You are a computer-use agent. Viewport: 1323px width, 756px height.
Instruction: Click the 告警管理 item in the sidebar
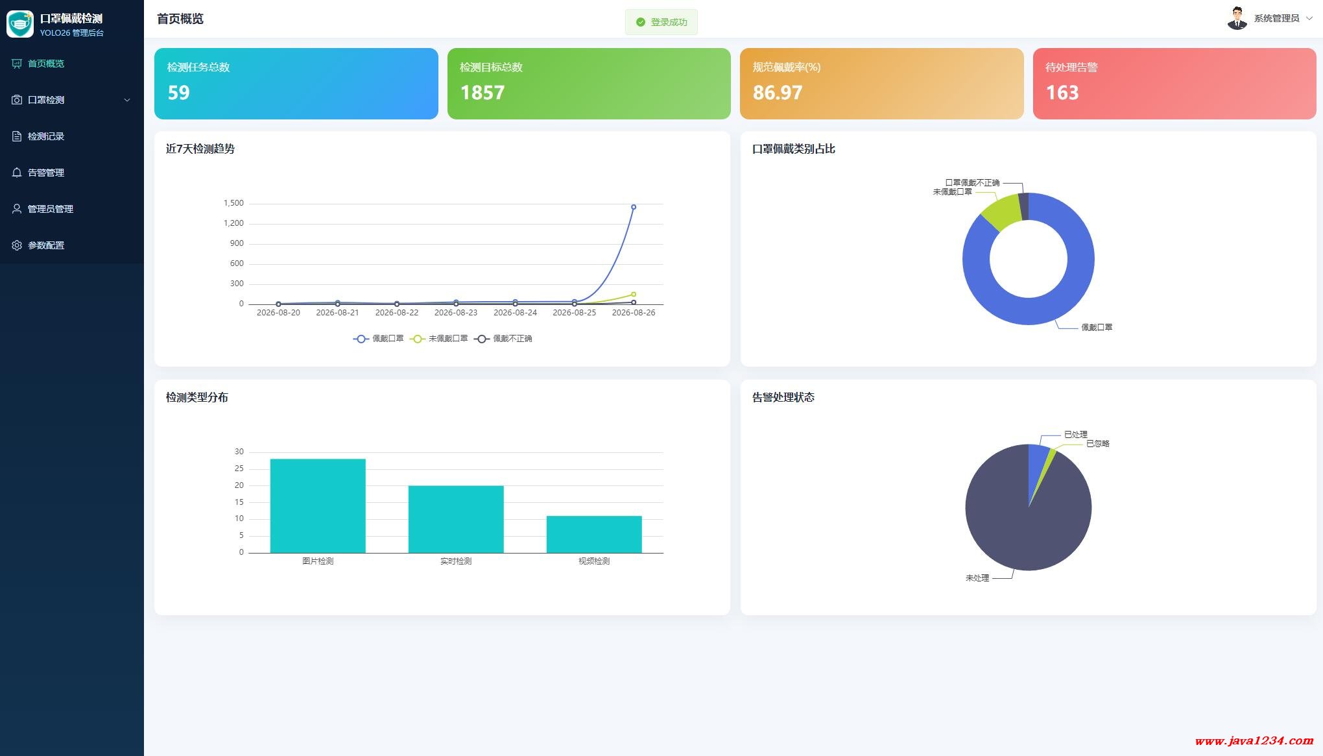point(45,173)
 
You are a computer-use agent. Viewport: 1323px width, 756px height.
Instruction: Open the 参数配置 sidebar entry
point(45,245)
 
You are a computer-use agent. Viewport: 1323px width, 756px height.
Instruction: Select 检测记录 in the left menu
point(45,136)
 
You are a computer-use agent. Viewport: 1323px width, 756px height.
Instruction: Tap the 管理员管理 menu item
point(50,209)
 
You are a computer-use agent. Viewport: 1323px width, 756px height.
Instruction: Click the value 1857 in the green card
point(482,93)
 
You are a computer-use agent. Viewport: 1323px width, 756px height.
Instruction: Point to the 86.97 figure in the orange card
point(777,93)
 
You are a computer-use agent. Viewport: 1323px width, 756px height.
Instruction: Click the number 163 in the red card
point(1062,93)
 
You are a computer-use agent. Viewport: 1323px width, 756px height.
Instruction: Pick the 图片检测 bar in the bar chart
point(318,506)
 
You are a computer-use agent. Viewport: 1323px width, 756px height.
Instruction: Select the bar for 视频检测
point(594,534)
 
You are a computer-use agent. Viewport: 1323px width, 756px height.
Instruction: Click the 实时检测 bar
point(456,519)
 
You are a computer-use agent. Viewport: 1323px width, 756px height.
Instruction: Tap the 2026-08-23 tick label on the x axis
point(456,313)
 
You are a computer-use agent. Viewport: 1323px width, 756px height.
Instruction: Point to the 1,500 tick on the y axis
point(233,203)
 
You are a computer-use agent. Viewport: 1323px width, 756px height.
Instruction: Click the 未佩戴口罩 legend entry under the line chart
point(439,339)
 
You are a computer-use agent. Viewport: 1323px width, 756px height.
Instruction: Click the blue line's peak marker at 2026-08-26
point(634,207)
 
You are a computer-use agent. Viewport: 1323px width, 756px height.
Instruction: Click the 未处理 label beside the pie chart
point(977,578)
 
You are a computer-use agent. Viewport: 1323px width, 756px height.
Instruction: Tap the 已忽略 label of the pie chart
point(1098,444)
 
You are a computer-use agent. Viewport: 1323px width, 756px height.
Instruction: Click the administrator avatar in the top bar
point(1237,18)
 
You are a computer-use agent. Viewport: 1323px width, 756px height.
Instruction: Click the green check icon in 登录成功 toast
point(641,22)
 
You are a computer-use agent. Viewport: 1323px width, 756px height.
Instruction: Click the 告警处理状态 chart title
point(783,397)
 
